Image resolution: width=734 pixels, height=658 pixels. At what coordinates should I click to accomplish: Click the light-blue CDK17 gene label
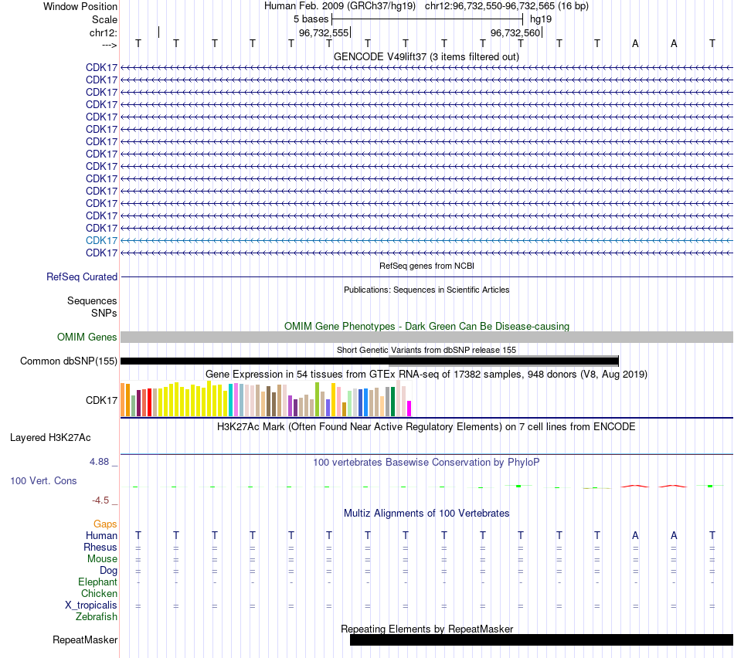click(102, 240)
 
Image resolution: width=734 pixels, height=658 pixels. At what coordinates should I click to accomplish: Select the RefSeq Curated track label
click(82, 276)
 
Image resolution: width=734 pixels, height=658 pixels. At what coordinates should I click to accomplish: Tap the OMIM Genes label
click(87, 337)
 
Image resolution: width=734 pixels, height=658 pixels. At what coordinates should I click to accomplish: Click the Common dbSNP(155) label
click(69, 361)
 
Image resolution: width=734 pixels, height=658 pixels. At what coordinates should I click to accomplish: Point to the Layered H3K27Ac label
click(50, 437)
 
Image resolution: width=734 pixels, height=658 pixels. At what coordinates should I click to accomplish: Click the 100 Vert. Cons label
click(43, 480)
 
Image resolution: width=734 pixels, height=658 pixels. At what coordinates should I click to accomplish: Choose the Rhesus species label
click(100, 547)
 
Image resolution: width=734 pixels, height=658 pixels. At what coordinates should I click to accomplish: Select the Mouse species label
click(102, 558)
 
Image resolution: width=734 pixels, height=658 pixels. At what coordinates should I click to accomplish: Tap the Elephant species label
click(97, 582)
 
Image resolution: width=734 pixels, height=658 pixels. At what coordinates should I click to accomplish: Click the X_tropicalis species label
click(91, 605)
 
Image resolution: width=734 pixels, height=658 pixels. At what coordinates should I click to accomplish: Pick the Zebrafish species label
click(97, 617)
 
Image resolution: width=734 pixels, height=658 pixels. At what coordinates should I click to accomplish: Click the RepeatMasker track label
click(85, 639)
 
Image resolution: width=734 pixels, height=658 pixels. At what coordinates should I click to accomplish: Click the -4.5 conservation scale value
click(102, 500)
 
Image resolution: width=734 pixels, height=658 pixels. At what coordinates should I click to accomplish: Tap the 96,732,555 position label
click(324, 32)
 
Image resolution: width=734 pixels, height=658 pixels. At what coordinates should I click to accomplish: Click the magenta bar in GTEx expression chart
click(409, 409)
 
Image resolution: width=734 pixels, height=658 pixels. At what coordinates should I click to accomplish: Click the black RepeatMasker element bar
click(541, 639)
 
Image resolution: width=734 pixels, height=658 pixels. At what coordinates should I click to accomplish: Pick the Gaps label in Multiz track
click(105, 524)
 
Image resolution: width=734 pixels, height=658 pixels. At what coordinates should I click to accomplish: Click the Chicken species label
click(99, 593)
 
